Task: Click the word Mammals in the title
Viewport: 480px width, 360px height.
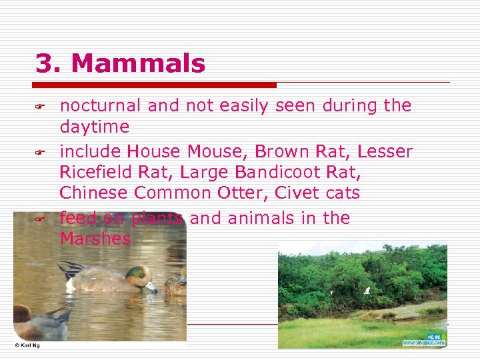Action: tap(138, 64)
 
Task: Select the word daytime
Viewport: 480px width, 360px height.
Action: tap(95, 127)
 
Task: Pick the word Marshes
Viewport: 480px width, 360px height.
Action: tap(95, 239)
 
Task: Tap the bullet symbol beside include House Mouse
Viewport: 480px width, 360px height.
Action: tap(39, 153)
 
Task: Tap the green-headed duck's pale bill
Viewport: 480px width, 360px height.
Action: tap(153, 287)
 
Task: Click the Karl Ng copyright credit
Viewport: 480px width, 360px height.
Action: tap(27, 345)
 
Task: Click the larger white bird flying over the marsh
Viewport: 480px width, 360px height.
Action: tap(366, 290)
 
